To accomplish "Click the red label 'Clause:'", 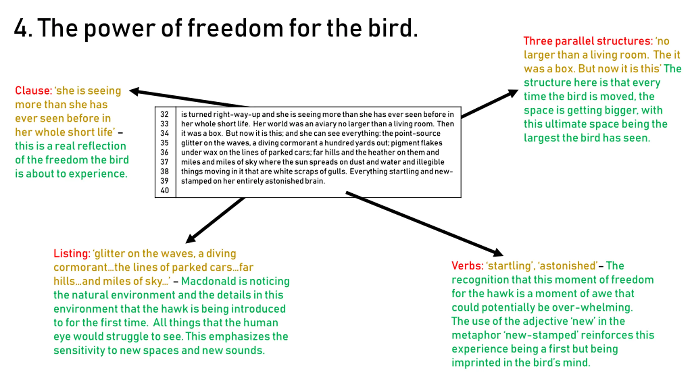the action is [33, 91].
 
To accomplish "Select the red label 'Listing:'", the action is [72, 253].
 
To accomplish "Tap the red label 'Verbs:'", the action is [467, 266].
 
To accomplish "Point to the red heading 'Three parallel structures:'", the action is [588, 41].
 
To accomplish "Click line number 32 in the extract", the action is [164, 114].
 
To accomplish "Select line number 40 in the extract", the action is [164, 190].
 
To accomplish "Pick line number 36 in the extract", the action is [164, 152].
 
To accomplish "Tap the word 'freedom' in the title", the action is [235, 28].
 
